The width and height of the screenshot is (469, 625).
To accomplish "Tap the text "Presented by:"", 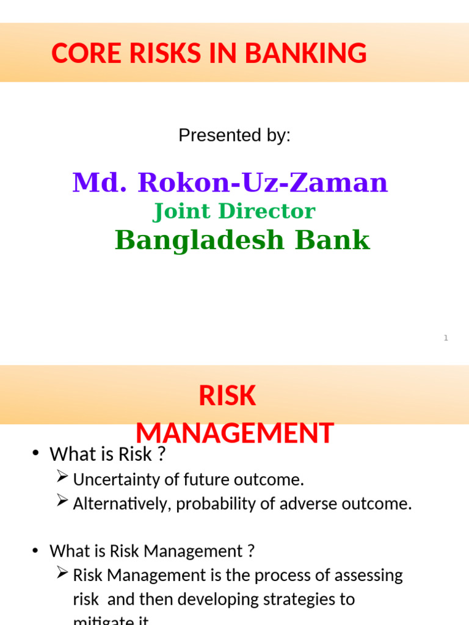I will coord(234,135).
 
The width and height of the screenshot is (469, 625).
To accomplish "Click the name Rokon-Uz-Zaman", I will coord(263,182).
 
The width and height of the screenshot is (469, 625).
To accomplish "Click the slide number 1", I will coord(446,338).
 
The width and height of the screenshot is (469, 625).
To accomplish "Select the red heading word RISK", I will coord(227,397).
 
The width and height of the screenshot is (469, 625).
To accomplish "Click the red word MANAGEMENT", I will coord(234,433).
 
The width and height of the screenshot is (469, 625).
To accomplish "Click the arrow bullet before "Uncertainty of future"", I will coord(62,478).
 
